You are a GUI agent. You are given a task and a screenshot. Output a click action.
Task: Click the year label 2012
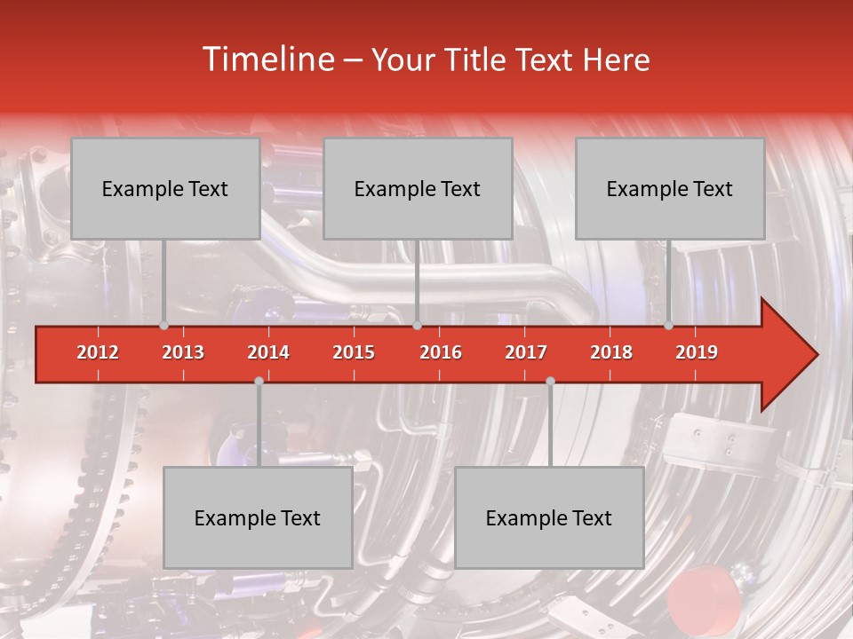click(98, 352)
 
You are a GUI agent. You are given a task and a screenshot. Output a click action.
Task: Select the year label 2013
click(183, 352)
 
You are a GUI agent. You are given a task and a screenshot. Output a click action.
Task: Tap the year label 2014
click(268, 352)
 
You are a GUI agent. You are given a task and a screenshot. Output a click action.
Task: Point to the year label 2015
click(354, 352)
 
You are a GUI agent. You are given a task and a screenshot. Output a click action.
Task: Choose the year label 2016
click(441, 352)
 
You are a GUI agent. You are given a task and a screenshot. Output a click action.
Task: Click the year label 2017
click(526, 352)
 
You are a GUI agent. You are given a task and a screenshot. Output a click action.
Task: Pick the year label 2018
click(611, 352)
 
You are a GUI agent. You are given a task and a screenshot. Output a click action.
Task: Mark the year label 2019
click(697, 352)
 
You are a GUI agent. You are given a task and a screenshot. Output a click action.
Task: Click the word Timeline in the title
click(267, 59)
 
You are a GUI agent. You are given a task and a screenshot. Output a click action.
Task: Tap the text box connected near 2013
click(165, 188)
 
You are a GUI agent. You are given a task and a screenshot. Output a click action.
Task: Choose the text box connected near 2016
click(418, 188)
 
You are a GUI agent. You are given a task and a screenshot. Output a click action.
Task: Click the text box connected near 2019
click(670, 188)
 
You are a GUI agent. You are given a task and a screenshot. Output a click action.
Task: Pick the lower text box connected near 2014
click(258, 517)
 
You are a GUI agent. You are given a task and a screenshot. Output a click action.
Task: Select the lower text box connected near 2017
click(549, 517)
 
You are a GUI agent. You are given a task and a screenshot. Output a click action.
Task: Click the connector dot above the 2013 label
click(163, 326)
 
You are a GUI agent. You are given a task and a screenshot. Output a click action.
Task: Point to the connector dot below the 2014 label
click(259, 381)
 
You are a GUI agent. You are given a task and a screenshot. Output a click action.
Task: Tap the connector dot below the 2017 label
click(550, 381)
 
